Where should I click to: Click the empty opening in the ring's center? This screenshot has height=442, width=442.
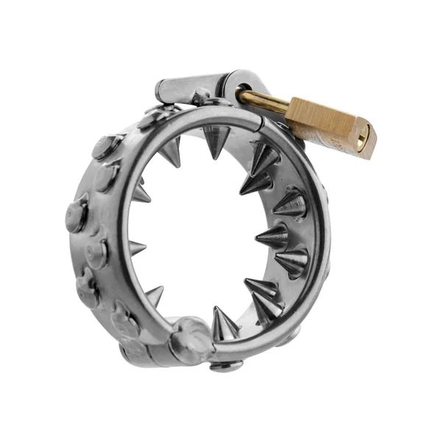(199, 236)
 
